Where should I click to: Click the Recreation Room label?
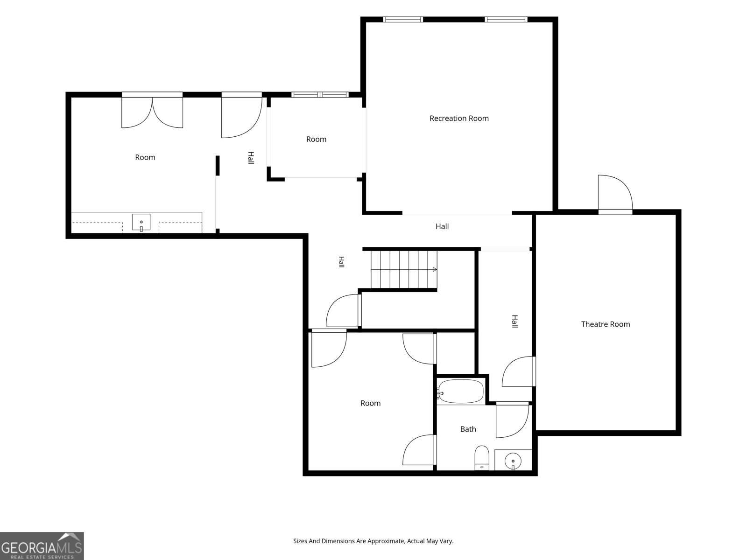pos(459,119)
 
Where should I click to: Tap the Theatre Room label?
pos(606,324)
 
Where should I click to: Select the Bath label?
pos(468,429)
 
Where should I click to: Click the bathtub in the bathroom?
pos(461,391)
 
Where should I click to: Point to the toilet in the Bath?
pos(481,458)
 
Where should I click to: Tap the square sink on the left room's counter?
pos(141,223)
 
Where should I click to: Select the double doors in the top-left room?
pos(152,111)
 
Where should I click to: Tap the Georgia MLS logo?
pos(42,546)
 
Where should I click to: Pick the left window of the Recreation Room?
pos(403,20)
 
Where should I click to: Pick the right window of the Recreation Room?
pos(506,20)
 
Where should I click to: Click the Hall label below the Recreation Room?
pos(442,226)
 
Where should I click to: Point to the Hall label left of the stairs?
pos(341,262)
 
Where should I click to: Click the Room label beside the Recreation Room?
pos(316,139)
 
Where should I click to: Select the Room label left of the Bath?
pos(370,403)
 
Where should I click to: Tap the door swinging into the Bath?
pos(512,420)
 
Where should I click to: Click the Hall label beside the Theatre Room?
pos(514,322)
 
